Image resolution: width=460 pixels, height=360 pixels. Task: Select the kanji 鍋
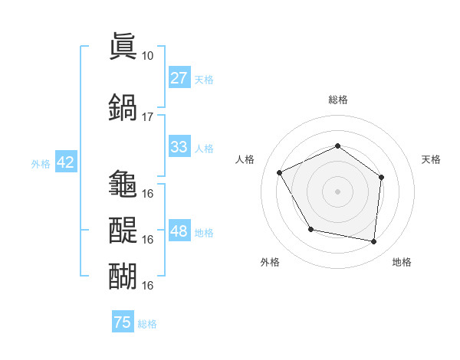click(x=123, y=106)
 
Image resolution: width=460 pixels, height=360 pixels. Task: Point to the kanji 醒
click(x=123, y=230)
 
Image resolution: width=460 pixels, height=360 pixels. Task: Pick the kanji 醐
click(x=123, y=276)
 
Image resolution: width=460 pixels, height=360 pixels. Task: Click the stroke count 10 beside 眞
click(x=147, y=55)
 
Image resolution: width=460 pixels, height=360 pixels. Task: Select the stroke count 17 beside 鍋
click(x=147, y=116)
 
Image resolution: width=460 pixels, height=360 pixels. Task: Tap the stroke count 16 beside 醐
click(x=147, y=285)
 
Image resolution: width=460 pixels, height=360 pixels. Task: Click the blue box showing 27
click(x=179, y=78)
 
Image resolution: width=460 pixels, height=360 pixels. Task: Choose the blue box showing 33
click(x=179, y=147)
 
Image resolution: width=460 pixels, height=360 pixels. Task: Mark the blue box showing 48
click(x=179, y=231)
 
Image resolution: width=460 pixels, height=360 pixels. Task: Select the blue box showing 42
click(x=65, y=162)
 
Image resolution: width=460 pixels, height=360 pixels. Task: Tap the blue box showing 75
click(x=123, y=322)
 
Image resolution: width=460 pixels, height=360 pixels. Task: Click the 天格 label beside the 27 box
click(x=204, y=79)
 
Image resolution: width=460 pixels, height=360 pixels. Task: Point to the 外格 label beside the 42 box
click(x=40, y=163)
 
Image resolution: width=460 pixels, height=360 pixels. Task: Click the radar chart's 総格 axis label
click(x=337, y=100)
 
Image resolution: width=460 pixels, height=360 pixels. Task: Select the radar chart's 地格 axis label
click(x=402, y=262)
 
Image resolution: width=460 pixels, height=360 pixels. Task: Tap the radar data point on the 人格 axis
click(x=280, y=173)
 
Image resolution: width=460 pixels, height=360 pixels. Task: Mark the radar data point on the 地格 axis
click(x=373, y=241)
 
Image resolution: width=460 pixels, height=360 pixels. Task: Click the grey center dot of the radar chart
click(x=337, y=191)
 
